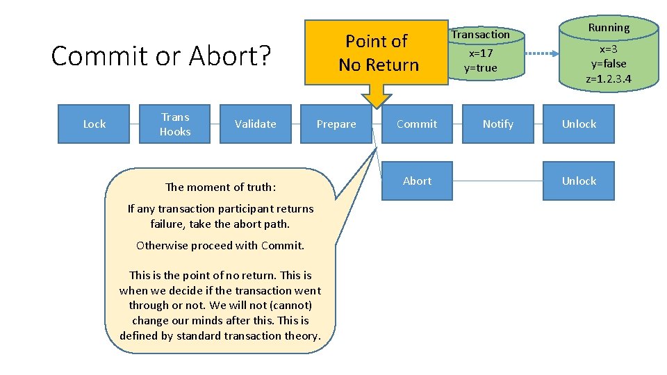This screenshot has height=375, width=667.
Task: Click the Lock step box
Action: tap(94, 124)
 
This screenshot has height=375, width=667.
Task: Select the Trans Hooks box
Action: tap(175, 124)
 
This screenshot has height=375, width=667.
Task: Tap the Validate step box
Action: tap(255, 124)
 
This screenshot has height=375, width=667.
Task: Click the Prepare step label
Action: tap(336, 124)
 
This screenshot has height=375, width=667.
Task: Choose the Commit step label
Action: tap(417, 124)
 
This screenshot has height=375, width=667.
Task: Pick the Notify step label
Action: tap(497, 124)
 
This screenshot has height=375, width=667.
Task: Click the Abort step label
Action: tap(417, 181)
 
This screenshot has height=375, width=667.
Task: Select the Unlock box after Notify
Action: tap(579, 124)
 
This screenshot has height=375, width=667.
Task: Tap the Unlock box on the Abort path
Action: tap(579, 181)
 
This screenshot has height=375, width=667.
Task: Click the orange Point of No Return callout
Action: tap(378, 53)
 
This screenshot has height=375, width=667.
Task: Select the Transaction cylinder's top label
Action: tap(481, 34)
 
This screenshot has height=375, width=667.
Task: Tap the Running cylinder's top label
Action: tap(609, 28)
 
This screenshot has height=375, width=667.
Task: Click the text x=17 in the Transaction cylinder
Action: tap(481, 53)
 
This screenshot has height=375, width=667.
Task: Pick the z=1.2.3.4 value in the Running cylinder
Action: tap(609, 79)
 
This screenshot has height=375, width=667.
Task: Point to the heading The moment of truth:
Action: tap(220, 187)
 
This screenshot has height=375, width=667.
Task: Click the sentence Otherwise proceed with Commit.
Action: tap(220, 245)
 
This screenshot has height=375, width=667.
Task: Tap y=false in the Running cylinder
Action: tap(609, 64)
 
